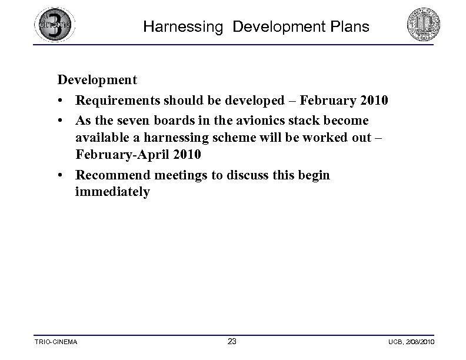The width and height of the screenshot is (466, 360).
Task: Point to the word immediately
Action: [x=112, y=192]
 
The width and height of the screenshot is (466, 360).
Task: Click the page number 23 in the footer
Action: [x=232, y=341]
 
